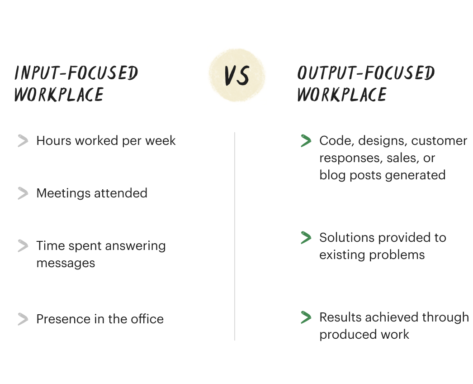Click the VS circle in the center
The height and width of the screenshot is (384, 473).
coord(236,76)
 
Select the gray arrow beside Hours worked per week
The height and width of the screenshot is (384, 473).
coord(23,141)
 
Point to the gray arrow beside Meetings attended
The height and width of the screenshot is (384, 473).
coord(23,193)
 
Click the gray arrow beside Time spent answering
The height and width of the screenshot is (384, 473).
coord(23,246)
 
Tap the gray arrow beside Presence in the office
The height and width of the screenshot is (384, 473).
coord(23,319)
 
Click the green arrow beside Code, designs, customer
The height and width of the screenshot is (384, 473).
coord(306,141)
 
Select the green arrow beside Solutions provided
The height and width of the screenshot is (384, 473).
coord(306,238)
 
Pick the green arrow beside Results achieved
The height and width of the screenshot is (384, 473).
coord(306,317)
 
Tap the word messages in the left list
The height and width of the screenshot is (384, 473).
coord(66,263)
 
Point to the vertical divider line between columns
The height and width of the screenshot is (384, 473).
coord(235,235)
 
